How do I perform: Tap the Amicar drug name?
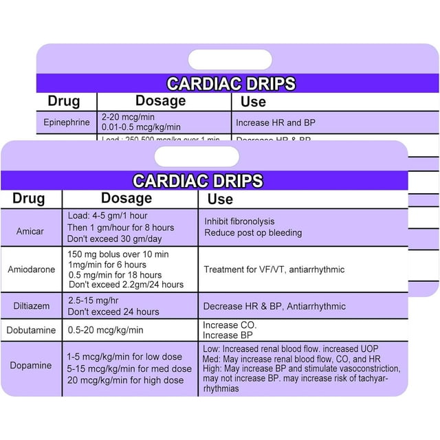[x=30, y=231]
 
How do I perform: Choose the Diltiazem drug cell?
[x=31, y=306]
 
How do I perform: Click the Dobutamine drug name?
[x=32, y=330]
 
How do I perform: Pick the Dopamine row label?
[x=30, y=365]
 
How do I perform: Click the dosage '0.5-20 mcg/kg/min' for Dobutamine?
[x=105, y=330]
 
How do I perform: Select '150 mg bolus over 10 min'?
[x=121, y=254]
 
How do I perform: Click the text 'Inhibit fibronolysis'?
[x=239, y=221]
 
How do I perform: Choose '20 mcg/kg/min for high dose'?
[x=125, y=380]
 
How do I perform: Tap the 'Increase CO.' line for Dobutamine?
[x=230, y=324]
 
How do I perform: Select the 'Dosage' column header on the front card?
[x=126, y=198]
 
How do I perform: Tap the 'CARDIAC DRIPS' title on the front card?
[x=197, y=181]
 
